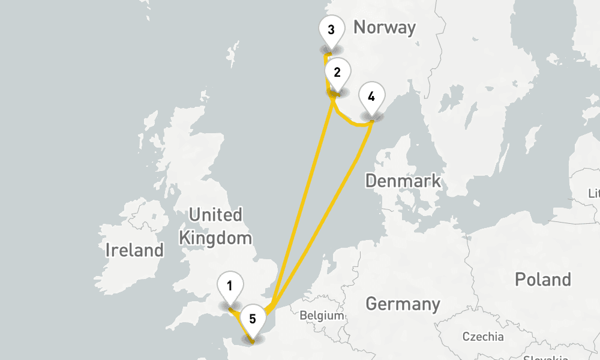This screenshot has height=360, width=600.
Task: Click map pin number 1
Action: pos(230,286)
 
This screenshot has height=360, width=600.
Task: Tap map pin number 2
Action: pos(337,73)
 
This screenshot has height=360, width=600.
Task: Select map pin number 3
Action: pos(331,29)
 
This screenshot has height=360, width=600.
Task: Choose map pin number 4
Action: pos(371,97)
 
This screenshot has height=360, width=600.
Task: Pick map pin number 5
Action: pos(253,319)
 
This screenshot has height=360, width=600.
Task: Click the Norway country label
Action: pos(384,28)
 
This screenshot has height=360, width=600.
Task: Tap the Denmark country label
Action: pos(403,181)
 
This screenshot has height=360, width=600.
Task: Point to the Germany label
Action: pos(403,304)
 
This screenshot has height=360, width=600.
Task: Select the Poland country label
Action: pos(542,280)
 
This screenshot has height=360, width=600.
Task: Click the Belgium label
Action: pos(322,316)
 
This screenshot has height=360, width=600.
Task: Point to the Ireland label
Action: pos(134,250)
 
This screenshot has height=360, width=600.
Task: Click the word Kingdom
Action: pos(215,238)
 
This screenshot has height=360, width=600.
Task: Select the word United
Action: pos(215,215)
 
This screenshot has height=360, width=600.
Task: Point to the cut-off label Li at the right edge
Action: pos(594,194)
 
